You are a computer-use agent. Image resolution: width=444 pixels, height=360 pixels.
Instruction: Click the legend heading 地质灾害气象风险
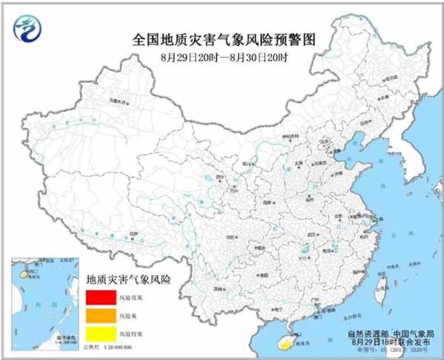[x=129, y=280]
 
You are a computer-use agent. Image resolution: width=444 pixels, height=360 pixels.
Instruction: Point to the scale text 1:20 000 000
[x=121, y=347]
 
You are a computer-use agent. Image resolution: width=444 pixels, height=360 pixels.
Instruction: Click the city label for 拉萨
[x=133, y=233]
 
